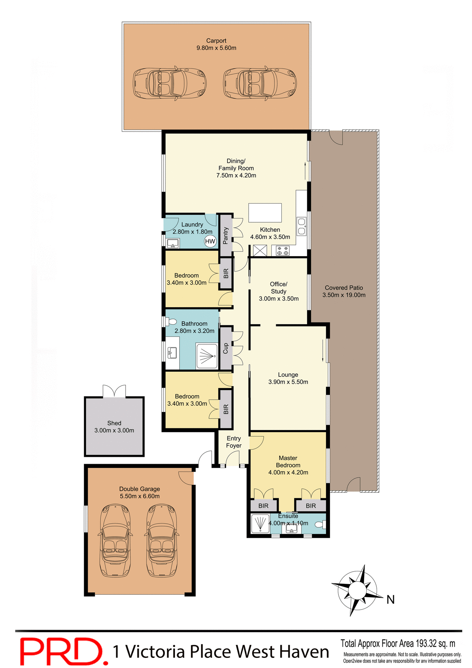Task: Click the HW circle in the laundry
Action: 210,241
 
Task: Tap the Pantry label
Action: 226,236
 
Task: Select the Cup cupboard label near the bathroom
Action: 226,348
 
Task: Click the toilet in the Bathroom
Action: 171,321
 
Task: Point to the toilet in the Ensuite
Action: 320,524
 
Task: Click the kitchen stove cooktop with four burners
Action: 282,250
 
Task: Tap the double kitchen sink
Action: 302,226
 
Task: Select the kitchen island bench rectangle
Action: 265,213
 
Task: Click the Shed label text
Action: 114,423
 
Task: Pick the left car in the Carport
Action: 169,83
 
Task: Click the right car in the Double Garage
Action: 162,541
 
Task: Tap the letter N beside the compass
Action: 391,599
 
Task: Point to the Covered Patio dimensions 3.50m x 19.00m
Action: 344,295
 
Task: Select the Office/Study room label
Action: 279,288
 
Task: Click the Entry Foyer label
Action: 234,442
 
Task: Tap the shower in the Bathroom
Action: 207,356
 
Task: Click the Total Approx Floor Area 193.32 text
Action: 398,643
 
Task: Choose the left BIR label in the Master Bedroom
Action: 263,506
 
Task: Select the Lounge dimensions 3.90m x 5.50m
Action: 288,382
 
